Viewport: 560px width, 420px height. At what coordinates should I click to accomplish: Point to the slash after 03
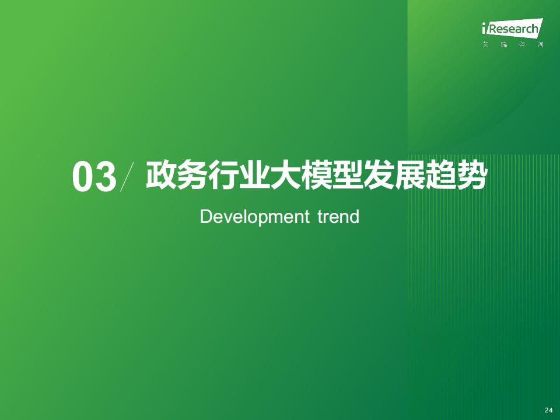click(127, 176)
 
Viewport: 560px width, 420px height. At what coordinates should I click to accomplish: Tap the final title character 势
click(471, 175)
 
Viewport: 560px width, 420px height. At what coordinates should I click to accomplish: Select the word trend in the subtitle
click(338, 216)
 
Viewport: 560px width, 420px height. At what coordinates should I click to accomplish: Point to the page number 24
click(548, 410)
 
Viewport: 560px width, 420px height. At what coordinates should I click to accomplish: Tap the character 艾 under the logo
click(485, 45)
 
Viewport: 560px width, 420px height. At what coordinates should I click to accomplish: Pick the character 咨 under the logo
click(522, 45)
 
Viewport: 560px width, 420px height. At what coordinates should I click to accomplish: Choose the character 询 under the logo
click(540, 45)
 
